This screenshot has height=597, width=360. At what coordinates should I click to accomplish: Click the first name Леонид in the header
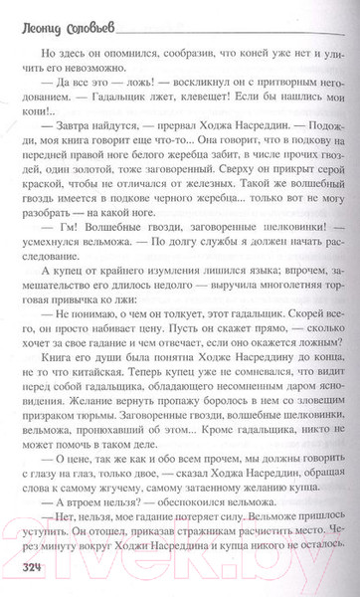(41, 17)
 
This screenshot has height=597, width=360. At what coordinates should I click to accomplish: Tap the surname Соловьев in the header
(100, 17)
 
